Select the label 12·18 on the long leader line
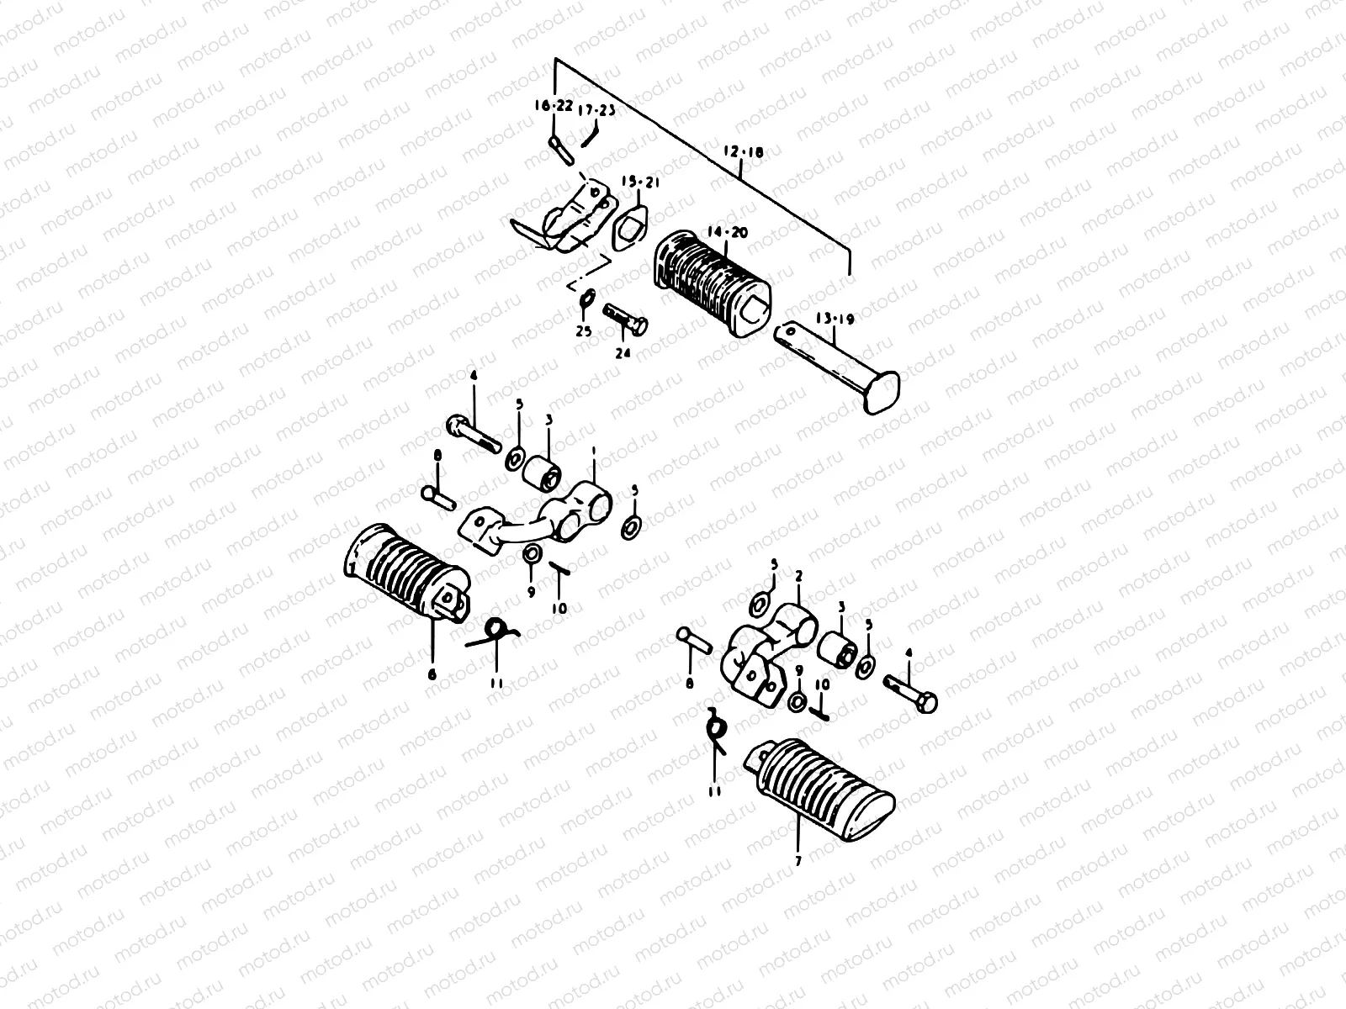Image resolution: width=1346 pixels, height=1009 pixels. (743, 153)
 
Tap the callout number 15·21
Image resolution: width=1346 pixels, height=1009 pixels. (637, 182)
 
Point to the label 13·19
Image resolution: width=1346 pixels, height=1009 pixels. (835, 319)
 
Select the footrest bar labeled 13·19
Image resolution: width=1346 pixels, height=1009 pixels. (837, 365)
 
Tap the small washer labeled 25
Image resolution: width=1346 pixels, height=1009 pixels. (587, 298)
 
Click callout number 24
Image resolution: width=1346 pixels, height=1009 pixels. (623, 354)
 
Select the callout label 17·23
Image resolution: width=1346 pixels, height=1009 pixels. (596, 109)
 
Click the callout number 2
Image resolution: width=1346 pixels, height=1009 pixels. (798, 576)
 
